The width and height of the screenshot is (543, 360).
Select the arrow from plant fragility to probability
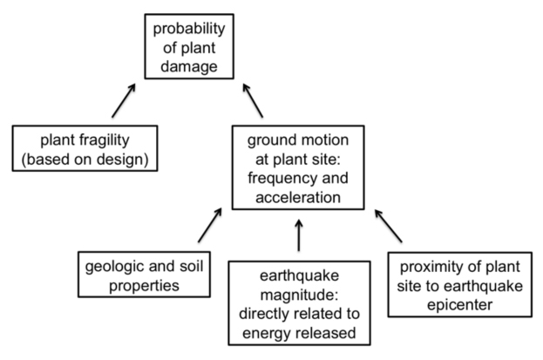[x=123, y=101]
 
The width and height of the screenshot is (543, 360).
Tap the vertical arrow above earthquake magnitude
[x=299, y=234]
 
